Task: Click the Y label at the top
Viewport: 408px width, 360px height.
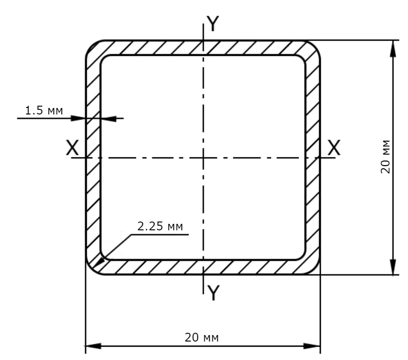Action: [x=213, y=24]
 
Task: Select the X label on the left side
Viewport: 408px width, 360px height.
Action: [x=72, y=148]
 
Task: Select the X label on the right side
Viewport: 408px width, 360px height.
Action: [x=334, y=148]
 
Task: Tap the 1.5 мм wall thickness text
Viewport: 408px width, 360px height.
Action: [x=44, y=111]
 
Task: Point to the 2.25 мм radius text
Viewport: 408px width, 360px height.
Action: [x=160, y=226]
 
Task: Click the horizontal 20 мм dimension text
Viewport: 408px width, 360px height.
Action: [x=202, y=337]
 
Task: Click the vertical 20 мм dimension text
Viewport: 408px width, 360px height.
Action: [x=385, y=157]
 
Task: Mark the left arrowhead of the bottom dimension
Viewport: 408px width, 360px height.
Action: [x=93, y=346]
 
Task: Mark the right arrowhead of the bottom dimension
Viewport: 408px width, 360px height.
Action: [x=312, y=346]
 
